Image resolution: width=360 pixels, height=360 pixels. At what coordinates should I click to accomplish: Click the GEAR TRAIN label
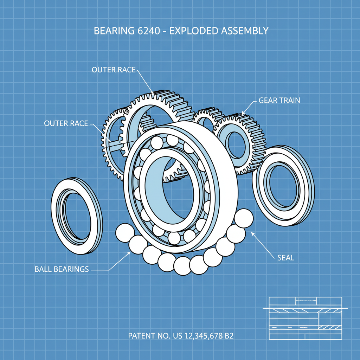279,100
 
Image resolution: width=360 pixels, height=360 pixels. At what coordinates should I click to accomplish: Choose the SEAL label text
285,258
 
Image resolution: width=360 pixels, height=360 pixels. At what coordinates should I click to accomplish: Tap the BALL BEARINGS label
62,269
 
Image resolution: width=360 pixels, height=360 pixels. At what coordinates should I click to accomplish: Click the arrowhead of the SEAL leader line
252,233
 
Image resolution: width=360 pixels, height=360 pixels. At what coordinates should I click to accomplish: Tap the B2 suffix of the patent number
229,336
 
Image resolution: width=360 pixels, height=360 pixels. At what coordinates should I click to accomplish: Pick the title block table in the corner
305,318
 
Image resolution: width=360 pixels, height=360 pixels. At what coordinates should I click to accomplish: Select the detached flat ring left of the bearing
77,216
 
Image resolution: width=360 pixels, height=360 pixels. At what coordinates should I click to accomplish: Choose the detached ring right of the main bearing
283,186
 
